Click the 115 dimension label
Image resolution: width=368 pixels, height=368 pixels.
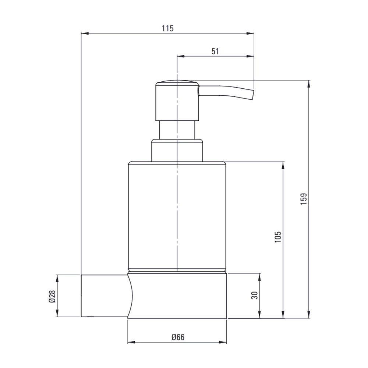click(x=167, y=28)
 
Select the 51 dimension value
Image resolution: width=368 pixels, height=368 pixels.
click(x=215, y=51)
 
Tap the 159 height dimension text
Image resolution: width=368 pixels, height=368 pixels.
click(x=304, y=199)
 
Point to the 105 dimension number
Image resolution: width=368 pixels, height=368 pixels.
click(x=278, y=237)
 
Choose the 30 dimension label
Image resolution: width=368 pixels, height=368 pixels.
click(x=254, y=295)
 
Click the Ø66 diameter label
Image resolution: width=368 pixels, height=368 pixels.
click(x=178, y=337)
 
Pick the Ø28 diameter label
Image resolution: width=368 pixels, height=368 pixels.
click(x=52, y=296)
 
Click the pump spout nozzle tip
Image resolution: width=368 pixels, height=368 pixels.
click(x=253, y=95)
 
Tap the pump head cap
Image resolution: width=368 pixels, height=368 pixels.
click(x=177, y=100)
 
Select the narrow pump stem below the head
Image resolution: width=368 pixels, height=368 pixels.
click(x=177, y=130)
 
